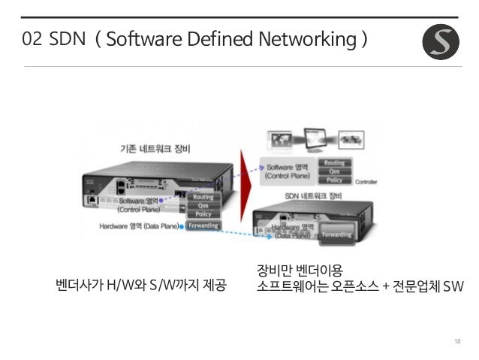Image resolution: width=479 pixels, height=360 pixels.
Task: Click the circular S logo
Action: coord(441,41)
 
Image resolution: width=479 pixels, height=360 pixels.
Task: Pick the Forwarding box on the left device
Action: coord(203,225)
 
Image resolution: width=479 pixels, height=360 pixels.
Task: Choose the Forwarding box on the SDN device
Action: coord(336,234)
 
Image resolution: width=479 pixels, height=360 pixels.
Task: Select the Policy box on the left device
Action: coord(203,214)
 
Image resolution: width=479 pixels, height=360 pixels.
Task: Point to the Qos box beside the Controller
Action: coord(333,171)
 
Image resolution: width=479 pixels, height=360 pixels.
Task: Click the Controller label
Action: coord(366,181)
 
